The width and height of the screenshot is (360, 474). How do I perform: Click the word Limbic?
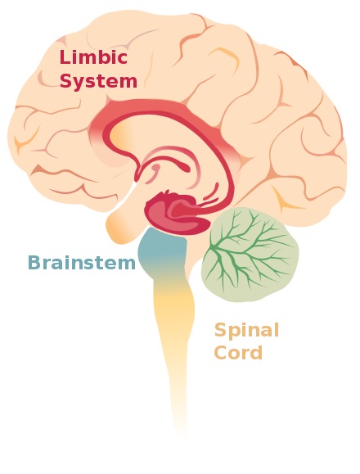[x=93, y=57]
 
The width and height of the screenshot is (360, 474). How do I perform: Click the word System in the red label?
[x=99, y=81]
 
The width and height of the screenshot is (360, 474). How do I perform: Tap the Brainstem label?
[x=82, y=263]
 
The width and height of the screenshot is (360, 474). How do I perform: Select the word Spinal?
[x=246, y=331]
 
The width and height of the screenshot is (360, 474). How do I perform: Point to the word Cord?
[x=238, y=352]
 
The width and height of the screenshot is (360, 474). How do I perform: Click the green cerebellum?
[x=250, y=255]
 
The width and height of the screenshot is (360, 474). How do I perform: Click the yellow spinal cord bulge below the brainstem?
[x=173, y=305]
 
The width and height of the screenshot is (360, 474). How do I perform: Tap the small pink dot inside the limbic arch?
[x=155, y=167]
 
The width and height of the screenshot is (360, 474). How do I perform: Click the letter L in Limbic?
[x=65, y=57]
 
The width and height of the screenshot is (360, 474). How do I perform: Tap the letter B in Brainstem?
[x=34, y=263]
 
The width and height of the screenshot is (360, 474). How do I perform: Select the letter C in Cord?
[x=221, y=352]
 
